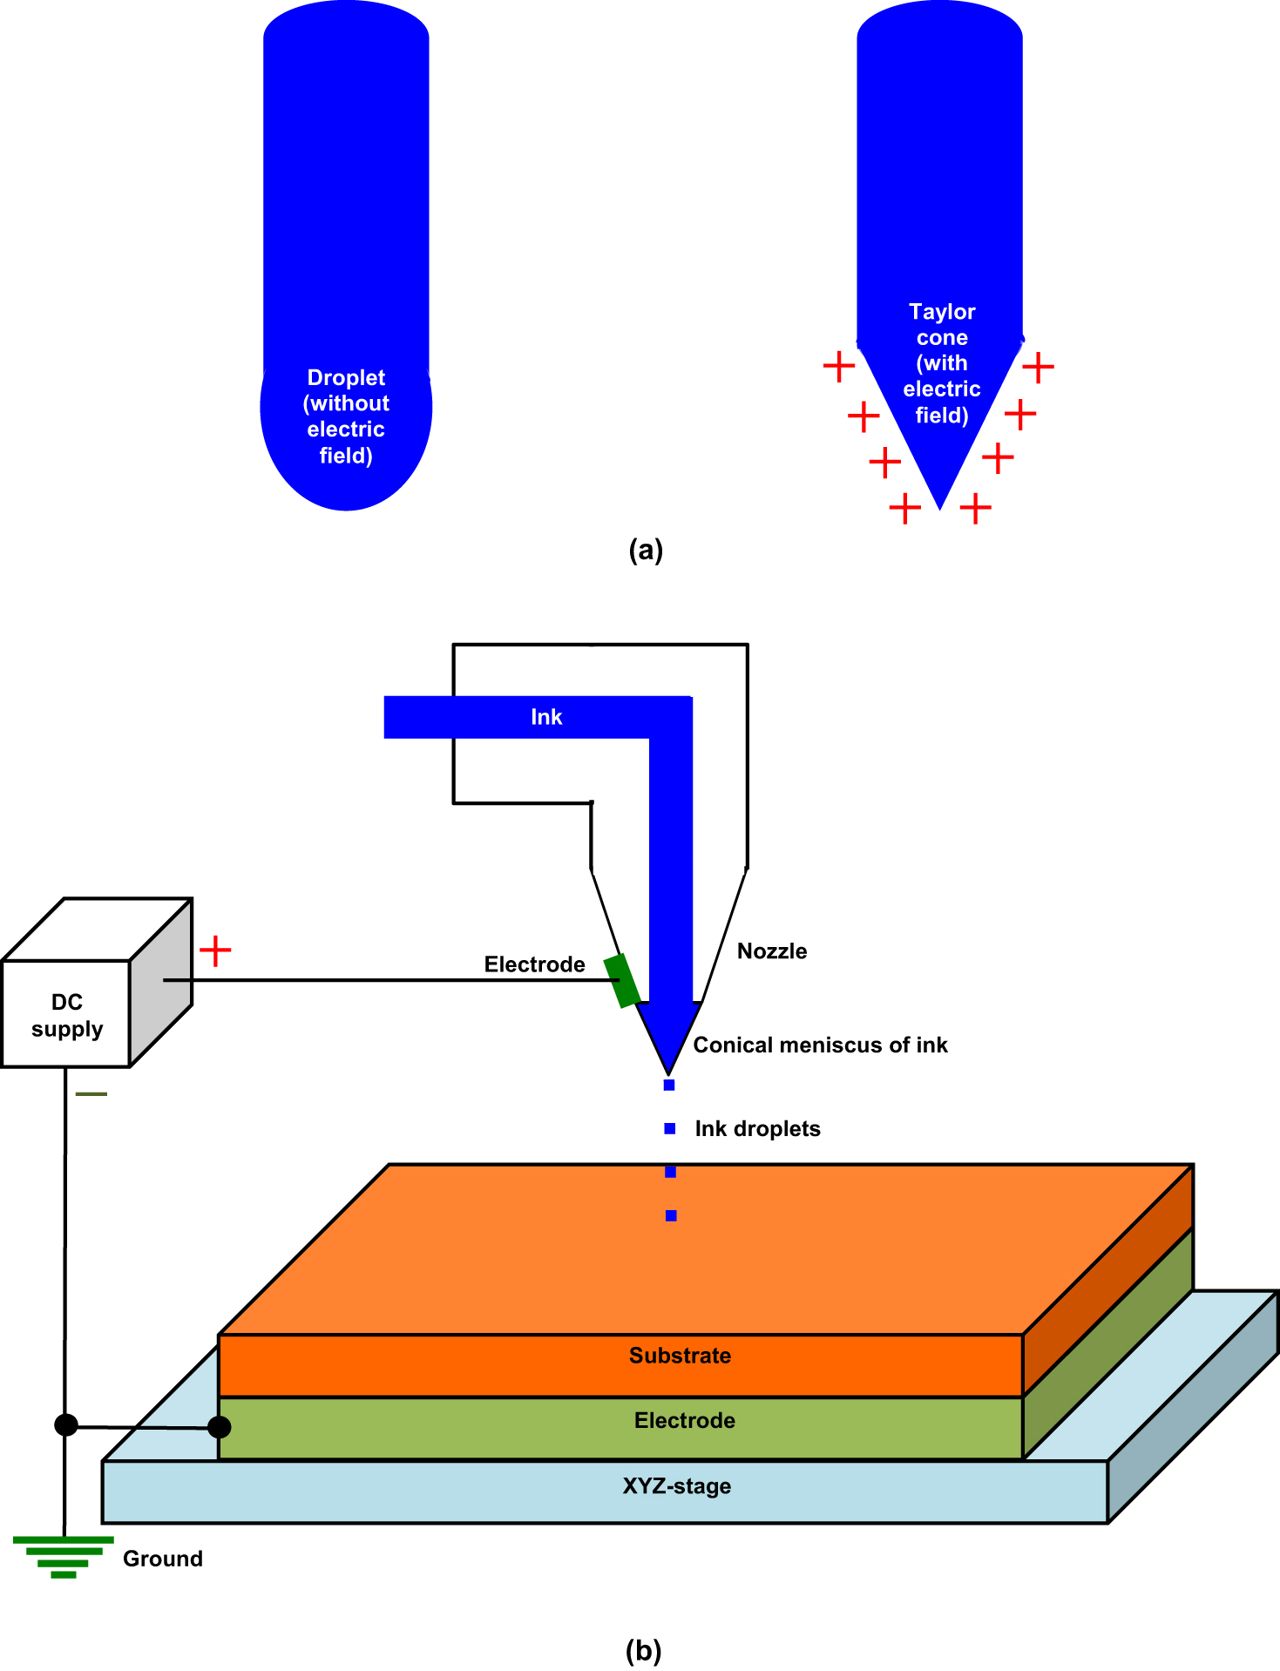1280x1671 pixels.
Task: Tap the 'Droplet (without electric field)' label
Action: click(346, 416)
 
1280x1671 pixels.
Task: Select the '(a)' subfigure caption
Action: click(646, 550)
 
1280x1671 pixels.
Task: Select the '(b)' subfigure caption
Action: click(643, 1650)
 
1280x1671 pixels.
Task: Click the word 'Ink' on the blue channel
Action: click(546, 717)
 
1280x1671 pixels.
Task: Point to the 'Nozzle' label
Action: click(771, 951)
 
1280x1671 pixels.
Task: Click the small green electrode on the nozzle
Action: click(622, 981)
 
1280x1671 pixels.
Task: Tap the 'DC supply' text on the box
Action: click(67, 1015)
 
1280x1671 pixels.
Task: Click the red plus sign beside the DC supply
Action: click(215, 951)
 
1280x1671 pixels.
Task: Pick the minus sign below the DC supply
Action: click(91, 1093)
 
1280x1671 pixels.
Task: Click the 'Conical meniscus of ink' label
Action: click(820, 1045)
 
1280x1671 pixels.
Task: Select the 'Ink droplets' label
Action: click(757, 1129)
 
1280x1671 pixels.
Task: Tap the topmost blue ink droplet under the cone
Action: click(669, 1085)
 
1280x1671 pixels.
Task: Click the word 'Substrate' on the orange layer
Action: click(680, 1356)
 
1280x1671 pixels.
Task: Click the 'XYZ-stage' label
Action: click(676, 1486)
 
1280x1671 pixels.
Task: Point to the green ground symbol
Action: click(64, 1557)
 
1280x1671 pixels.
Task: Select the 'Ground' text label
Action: click(162, 1559)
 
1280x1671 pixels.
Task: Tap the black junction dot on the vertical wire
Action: click(65, 1425)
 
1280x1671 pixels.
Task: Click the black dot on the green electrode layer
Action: click(220, 1427)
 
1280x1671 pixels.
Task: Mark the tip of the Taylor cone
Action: click(939, 506)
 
